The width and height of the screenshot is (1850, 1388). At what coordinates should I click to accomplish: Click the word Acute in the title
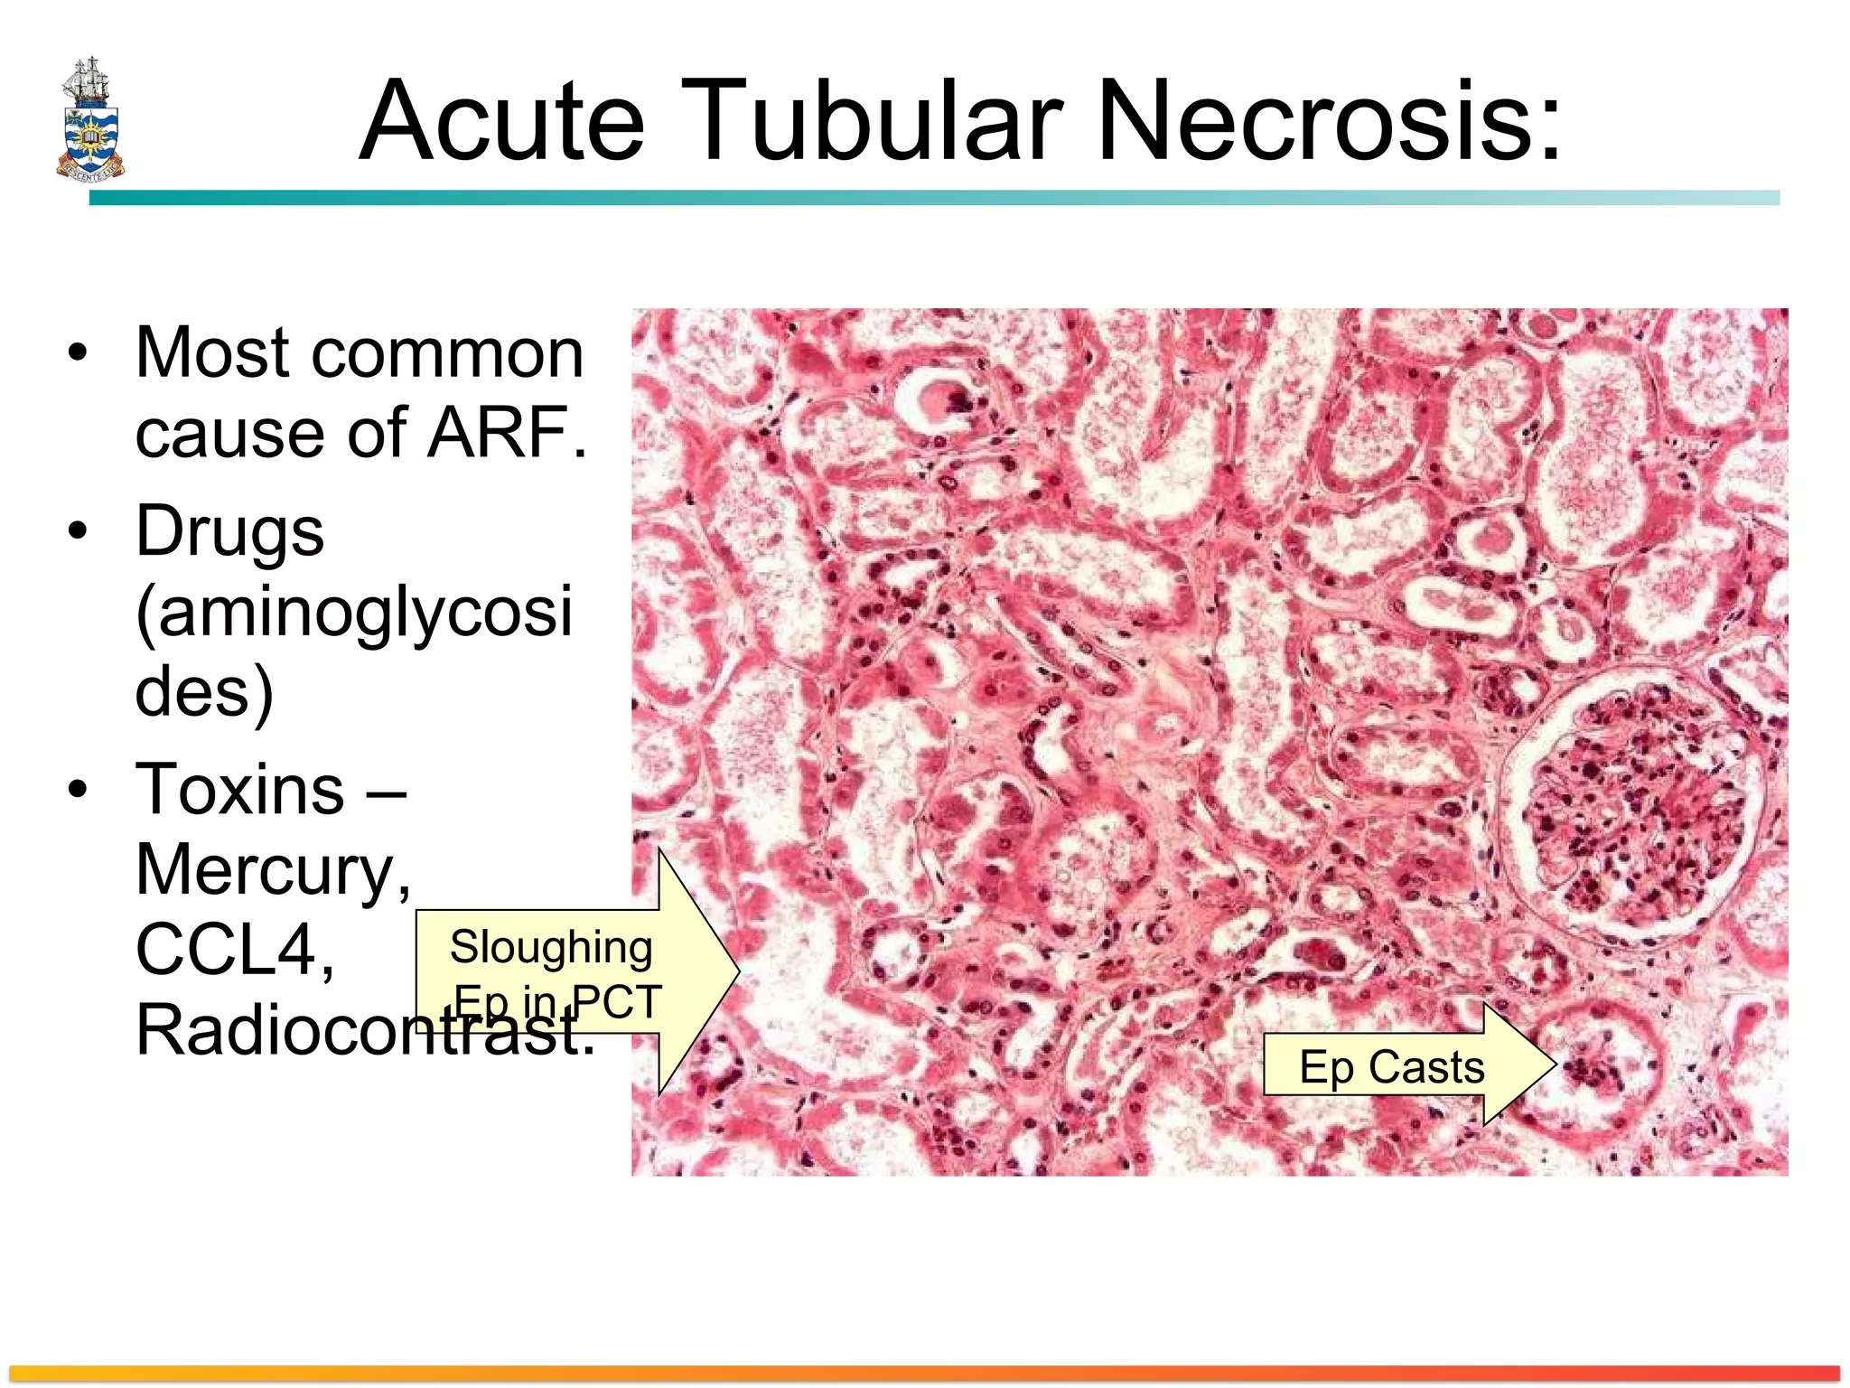pyautogui.click(x=502, y=121)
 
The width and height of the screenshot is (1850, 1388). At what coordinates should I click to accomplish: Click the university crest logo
pyautogui.click(x=89, y=118)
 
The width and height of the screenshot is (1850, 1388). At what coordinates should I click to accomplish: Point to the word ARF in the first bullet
pyautogui.click(x=506, y=432)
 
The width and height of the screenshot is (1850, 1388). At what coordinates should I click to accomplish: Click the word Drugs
pyautogui.click(x=229, y=531)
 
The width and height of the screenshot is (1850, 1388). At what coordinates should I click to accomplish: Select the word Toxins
pyautogui.click(x=239, y=789)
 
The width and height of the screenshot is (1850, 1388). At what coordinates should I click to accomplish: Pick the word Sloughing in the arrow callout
pyautogui.click(x=550, y=947)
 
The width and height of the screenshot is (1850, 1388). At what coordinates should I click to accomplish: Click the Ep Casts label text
pyautogui.click(x=1391, y=1067)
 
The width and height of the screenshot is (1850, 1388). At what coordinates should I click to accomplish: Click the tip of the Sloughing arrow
pyautogui.click(x=739, y=972)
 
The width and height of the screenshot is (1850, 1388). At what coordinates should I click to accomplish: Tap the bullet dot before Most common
pyautogui.click(x=79, y=352)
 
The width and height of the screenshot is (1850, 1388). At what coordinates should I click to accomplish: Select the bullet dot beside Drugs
pyautogui.click(x=79, y=531)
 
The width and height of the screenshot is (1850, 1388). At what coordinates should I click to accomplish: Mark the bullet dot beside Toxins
pyautogui.click(x=79, y=789)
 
